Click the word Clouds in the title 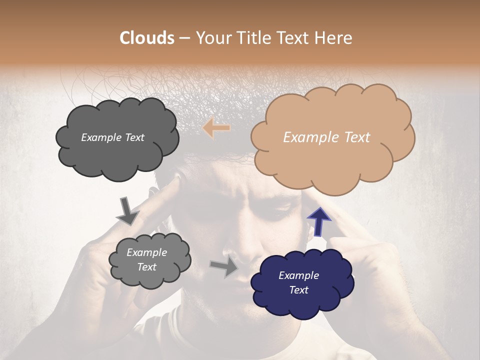[147, 38]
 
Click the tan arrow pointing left [216, 128]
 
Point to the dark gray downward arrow [127, 210]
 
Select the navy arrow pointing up [319, 221]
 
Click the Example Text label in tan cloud [326, 137]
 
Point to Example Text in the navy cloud [299, 282]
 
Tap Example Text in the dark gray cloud [112, 137]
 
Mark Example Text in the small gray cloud [147, 260]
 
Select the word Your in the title [212, 38]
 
